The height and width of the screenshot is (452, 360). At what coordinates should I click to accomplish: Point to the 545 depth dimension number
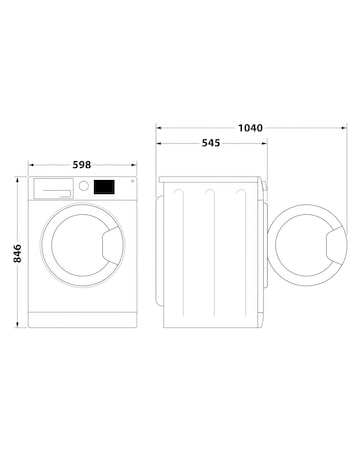(210, 143)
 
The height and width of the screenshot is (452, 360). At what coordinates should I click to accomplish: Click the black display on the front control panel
(103, 186)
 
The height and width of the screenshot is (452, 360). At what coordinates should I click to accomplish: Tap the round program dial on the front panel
(85, 186)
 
